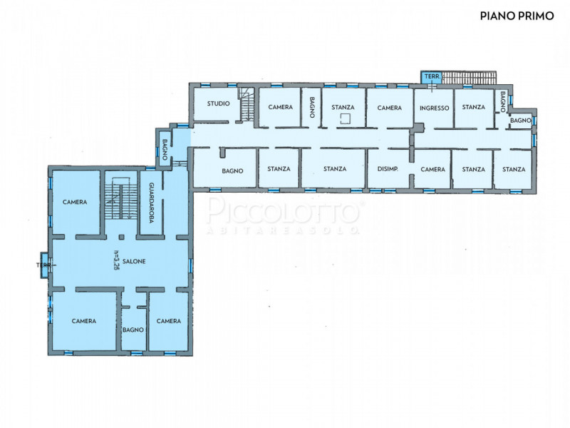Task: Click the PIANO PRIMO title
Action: click(517, 16)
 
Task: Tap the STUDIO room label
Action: click(219, 103)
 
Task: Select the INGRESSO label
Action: click(435, 108)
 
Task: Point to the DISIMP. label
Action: click(388, 169)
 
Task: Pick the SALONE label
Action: click(134, 261)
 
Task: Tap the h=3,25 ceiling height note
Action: click(116, 261)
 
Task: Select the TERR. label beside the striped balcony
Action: click(432, 77)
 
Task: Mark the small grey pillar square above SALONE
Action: click(121, 237)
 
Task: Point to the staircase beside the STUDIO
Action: click(247, 104)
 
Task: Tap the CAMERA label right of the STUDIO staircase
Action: click(280, 107)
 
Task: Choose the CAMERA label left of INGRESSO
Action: click(389, 108)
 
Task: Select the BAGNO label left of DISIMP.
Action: click(232, 170)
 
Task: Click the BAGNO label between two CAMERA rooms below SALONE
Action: click(133, 330)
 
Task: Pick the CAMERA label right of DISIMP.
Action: click(432, 169)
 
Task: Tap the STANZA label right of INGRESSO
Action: click(473, 107)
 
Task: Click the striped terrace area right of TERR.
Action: click(469, 78)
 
